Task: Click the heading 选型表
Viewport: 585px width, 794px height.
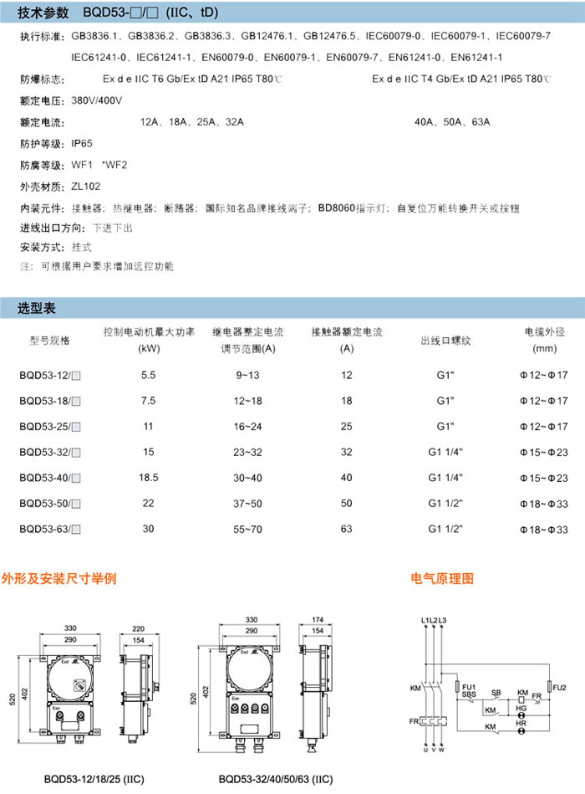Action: point(37,309)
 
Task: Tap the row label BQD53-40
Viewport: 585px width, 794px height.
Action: point(49,478)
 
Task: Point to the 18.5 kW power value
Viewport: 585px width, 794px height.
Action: point(149,478)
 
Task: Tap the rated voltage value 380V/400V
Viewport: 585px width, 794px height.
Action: point(97,100)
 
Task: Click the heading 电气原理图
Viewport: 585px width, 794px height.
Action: point(442,578)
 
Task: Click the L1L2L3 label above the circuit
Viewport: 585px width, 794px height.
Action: point(435,620)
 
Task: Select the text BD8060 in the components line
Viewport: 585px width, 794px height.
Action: point(338,207)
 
